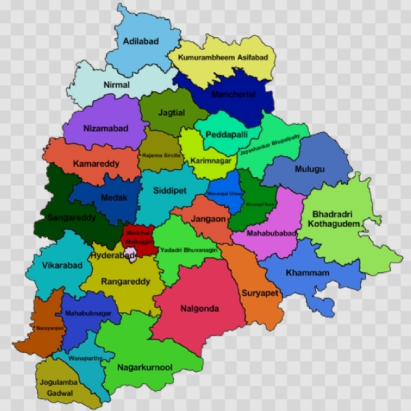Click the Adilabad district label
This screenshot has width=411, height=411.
pyautogui.click(x=140, y=42)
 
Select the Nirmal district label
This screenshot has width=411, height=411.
pyautogui.click(x=116, y=85)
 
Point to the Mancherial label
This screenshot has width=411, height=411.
pyautogui.click(x=233, y=94)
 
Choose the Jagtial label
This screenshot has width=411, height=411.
pyautogui.click(x=171, y=111)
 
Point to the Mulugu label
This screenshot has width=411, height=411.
pyautogui.click(x=306, y=168)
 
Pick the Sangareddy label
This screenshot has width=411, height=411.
pyautogui.click(x=71, y=219)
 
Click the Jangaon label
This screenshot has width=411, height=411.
pyautogui.click(x=208, y=219)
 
